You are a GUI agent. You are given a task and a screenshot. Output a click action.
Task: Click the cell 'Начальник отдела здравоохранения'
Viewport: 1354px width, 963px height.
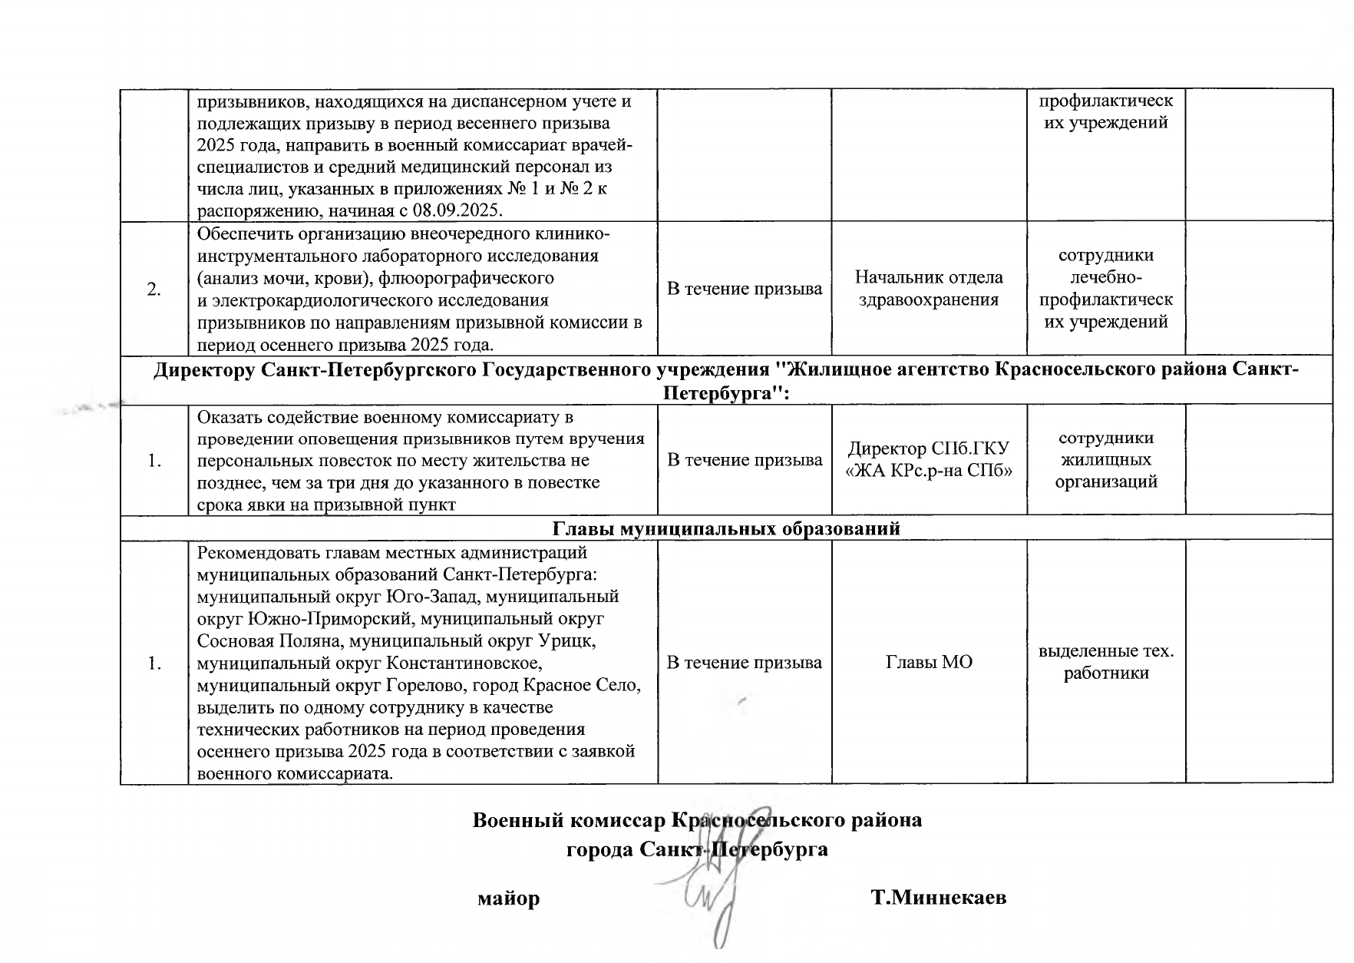tap(929, 289)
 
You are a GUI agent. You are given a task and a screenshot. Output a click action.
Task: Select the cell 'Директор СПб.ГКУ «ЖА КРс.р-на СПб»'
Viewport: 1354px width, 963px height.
tap(929, 460)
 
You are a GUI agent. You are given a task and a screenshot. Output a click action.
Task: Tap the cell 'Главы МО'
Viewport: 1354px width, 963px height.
tap(929, 662)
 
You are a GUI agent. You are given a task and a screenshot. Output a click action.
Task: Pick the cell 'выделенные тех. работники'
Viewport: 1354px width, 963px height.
tap(1106, 662)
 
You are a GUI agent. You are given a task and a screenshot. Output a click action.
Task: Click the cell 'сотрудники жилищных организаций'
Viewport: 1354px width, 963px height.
tap(1106, 460)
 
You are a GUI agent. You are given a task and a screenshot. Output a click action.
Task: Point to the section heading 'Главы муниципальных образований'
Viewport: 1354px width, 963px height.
tap(725, 528)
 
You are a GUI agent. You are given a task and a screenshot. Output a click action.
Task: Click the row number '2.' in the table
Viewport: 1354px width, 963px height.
tap(154, 290)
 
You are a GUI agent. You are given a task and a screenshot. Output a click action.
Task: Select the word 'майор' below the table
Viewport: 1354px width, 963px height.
tap(509, 898)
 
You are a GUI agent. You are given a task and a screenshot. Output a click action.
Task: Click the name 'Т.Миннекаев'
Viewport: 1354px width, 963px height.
tap(939, 898)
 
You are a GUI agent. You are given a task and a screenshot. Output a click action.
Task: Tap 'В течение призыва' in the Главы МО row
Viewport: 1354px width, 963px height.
tap(745, 662)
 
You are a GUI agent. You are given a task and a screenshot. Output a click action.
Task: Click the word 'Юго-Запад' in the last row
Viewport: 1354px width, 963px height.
tap(434, 597)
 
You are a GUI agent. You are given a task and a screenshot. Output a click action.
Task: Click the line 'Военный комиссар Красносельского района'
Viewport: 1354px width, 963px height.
tap(696, 820)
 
